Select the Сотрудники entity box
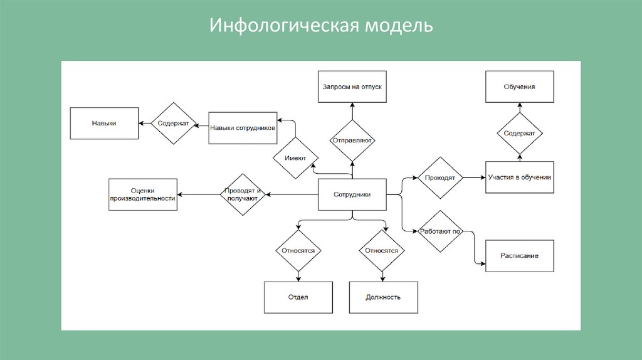pos(352,194)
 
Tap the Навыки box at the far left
pos(103,124)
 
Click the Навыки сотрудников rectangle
pos(243,127)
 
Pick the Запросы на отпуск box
pos(352,87)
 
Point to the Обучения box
pos(520,87)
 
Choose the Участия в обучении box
pos(520,177)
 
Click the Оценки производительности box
pos(143,194)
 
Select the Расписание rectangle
pos(520,256)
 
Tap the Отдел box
pos(298,297)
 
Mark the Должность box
pos(383,297)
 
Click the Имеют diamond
pos(295,158)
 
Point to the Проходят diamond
pos(439,178)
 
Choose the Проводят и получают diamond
pos(242,194)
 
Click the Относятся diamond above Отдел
pos(298,250)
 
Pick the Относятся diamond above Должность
pos(382,250)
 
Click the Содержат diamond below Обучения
pos(520,134)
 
